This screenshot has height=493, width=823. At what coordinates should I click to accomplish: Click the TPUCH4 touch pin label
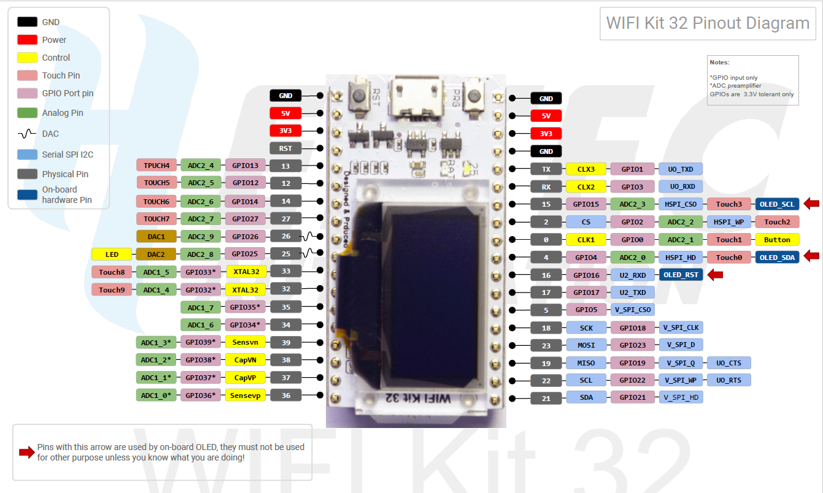[x=157, y=165]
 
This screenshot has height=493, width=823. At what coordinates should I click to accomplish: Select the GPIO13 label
[x=245, y=165]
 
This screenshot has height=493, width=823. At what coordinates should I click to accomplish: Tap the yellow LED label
[x=112, y=254]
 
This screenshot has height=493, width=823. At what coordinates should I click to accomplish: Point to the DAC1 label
[x=157, y=236]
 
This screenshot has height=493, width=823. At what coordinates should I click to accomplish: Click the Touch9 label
[x=112, y=289]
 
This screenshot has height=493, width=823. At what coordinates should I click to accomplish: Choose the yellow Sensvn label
[x=245, y=342]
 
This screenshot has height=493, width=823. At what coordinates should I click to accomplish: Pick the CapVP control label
[x=245, y=378]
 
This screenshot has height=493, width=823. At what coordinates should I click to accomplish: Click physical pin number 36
[x=286, y=396]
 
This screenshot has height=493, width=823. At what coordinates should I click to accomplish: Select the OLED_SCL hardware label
[x=777, y=204]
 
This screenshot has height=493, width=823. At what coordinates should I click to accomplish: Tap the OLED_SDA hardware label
[x=777, y=258]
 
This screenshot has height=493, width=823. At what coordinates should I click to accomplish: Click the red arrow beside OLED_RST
[x=715, y=275]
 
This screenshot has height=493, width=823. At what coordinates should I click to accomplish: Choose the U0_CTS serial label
[x=728, y=363]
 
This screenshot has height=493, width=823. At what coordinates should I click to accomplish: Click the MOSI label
[x=586, y=345]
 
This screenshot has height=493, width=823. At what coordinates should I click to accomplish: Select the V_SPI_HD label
[x=681, y=397]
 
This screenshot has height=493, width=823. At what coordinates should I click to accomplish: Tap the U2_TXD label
[x=632, y=292]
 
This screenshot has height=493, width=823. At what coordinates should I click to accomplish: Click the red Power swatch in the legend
[x=27, y=40]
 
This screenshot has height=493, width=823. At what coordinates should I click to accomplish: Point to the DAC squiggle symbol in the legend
[x=27, y=134]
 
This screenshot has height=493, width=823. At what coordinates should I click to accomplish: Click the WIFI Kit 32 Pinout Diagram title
[x=708, y=23]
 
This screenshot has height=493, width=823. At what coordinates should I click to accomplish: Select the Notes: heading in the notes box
[x=719, y=63]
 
